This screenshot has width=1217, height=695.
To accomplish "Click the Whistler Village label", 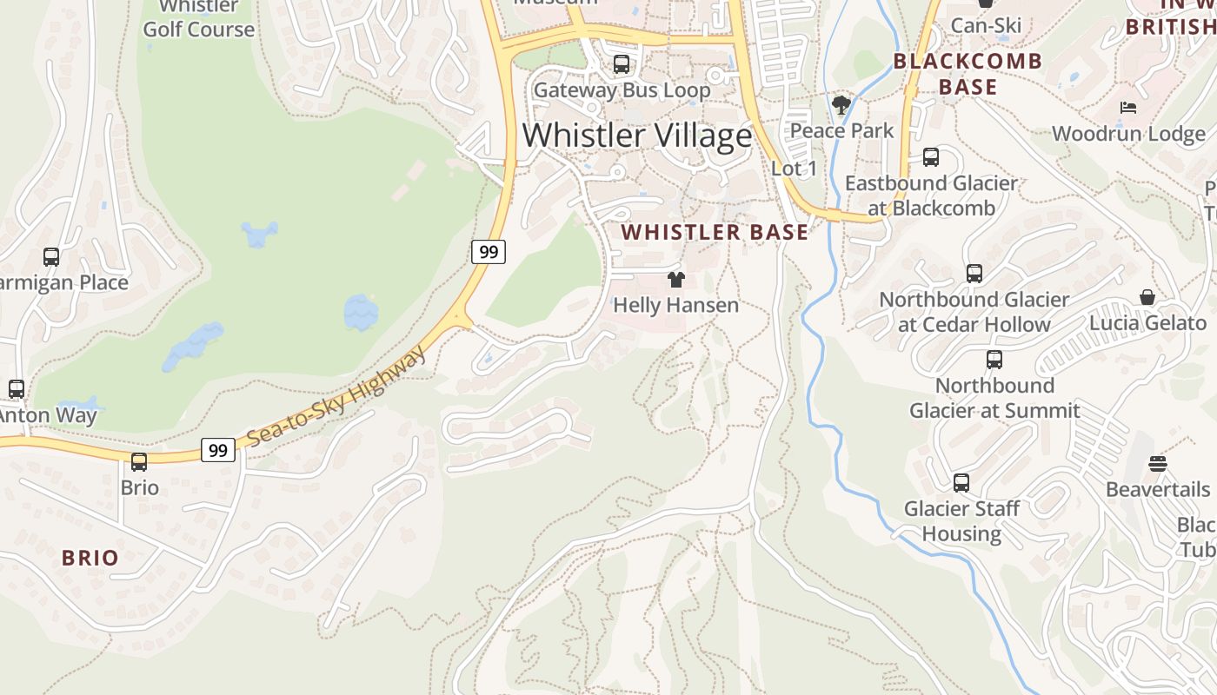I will pos(637,136).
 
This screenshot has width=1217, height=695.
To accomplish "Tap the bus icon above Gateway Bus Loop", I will pos(621,63).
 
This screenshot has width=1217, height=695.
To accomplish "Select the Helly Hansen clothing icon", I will pos(675,280).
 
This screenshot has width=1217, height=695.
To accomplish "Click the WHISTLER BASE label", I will pos(715,232).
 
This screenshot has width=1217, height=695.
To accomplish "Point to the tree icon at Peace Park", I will pos(841,106).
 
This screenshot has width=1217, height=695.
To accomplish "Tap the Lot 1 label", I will pos(794,169).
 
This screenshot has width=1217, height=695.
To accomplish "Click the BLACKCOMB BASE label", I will pos(968,74).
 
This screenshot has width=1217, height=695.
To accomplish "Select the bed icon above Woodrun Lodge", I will pos(1128,109).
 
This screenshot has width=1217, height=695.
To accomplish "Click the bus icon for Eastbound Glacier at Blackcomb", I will pos(931,157).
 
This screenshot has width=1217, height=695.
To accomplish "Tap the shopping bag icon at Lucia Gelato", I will pos(1147,297).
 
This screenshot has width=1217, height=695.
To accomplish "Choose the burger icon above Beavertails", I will pos(1157,464).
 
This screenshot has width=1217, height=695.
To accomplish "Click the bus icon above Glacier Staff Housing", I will pos(961,483).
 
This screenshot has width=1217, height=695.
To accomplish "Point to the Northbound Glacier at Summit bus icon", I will pos(994,360).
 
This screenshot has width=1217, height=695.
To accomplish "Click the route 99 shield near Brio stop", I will pos(218,450).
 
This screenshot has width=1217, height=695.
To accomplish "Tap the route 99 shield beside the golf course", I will pos(489,252).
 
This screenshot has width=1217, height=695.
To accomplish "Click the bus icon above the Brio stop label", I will pos(139,462).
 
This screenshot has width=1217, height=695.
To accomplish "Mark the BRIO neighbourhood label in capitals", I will pos(90,558).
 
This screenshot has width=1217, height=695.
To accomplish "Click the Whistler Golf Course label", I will pos(199,18).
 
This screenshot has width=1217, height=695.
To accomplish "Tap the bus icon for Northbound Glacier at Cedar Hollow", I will pos(974,274).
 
